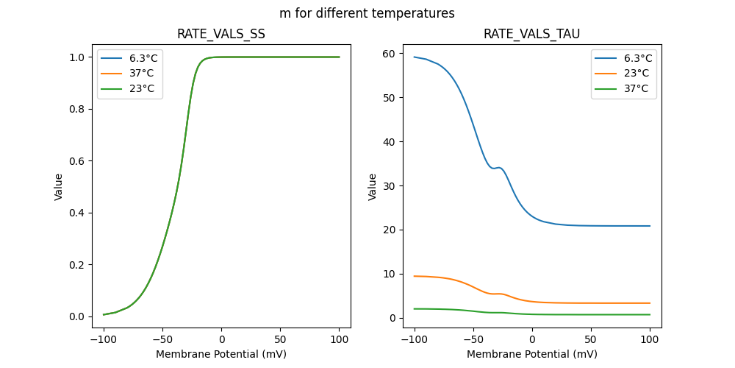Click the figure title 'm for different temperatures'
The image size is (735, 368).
coord(367,13)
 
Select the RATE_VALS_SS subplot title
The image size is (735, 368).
coord(221,34)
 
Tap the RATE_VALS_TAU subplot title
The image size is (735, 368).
coord(531,34)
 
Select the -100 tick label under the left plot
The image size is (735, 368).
coord(104,339)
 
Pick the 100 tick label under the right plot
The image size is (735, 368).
coord(650,339)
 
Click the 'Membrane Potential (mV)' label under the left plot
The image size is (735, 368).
coord(221,354)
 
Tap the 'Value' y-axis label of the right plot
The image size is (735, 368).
coord(373,187)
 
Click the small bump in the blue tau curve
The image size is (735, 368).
coord(500,168)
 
